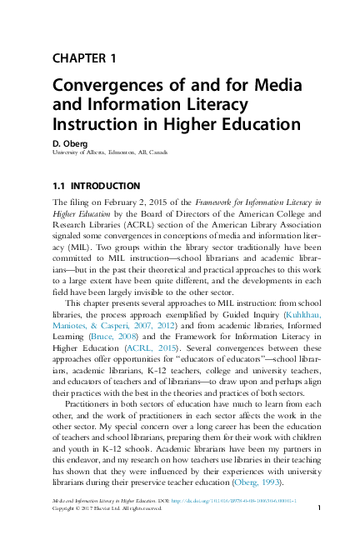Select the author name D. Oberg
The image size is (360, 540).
point(72,142)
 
